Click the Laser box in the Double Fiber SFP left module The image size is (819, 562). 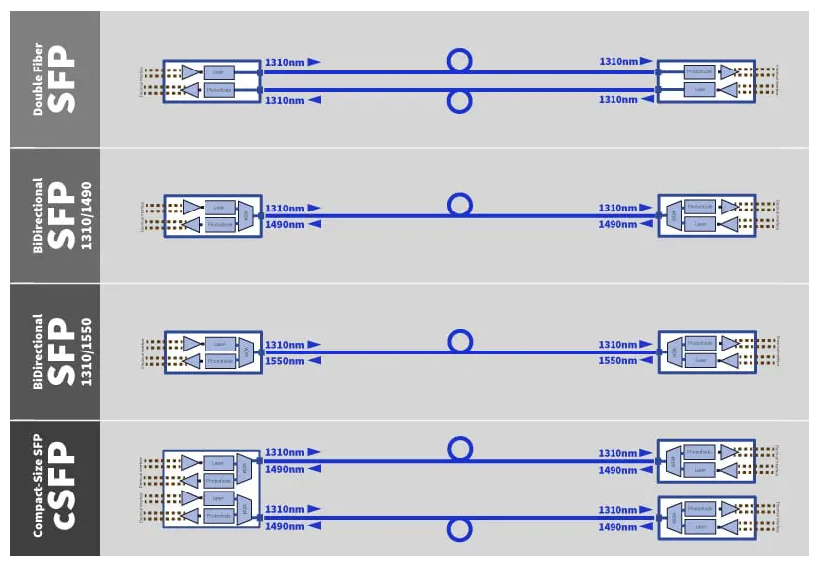point(218,71)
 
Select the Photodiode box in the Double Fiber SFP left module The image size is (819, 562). point(218,90)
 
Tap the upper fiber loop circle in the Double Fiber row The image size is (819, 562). point(459,61)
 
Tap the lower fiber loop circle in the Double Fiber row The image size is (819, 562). point(459,102)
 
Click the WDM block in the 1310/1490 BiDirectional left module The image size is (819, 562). point(245,215)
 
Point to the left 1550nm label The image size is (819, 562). point(285,361)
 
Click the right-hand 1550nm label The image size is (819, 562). point(617,361)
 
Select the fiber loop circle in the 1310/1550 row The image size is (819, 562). point(459,342)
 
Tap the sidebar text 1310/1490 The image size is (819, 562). point(87,215)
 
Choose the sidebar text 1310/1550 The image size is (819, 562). point(87,351)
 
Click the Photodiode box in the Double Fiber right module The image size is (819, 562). point(700,71)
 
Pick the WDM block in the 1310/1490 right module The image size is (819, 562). point(673,215)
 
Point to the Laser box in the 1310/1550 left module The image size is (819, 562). point(219,344)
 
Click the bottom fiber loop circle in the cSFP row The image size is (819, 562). point(459,529)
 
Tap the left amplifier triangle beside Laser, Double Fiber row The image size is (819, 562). point(190,71)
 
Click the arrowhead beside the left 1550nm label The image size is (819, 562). point(315,361)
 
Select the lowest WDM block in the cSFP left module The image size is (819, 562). point(245,507)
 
